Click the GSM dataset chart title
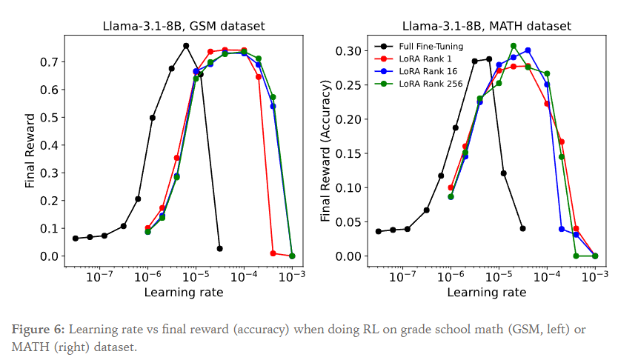pyautogui.click(x=183, y=27)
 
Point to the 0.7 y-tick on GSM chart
pyautogui.click(x=50, y=62)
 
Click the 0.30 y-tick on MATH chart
pyautogui.click(x=348, y=51)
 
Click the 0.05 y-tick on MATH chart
pyautogui.click(x=348, y=222)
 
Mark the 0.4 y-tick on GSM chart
pyautogui.click(x=50, y=145)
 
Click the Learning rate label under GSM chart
pyautogui.click(x=183, y=292)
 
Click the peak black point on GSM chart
pyautogui.click(x=186, y=46)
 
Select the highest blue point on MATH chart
pyautogui.click(x=528, y=50)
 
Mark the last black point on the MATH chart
pyautogui.click(x=522, y=228)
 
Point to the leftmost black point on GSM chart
pyautogui.click(x=76, y=239)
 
